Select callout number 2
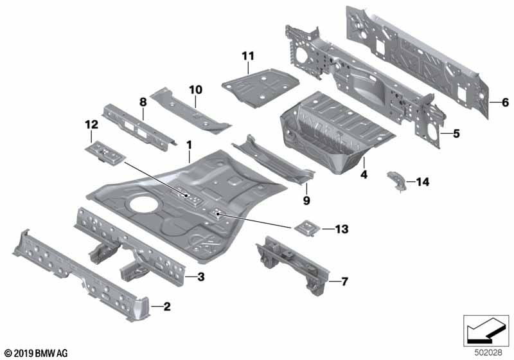[x=166, y=307]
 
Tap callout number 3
[x=200, y=278]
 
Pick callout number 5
[x=456, y=134]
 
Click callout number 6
[x=504, y=102]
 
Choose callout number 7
[x=344, y=282]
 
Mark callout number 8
[x=143, y=101]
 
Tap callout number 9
[x=306, y=201]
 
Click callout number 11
[x=247, y=56]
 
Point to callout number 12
[x=91, y=124]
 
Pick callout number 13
[x=341, y=229]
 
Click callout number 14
[x=421, y=183]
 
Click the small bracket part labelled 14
[x=396, y=181]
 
